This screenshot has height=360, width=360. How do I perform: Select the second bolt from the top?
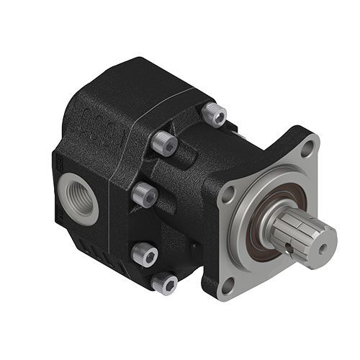click(166, 145)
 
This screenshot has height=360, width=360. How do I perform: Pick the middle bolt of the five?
click(145, 193)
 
